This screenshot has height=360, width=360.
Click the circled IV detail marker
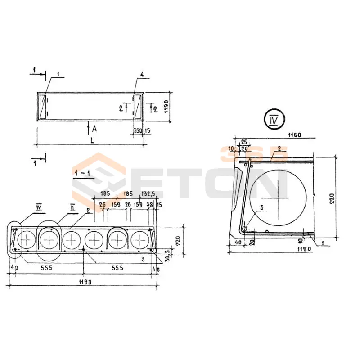click(x=275, y=119)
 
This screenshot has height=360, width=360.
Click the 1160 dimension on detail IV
click(x=295, y=135)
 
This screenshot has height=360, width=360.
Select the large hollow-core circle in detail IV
click(x=278, y=198)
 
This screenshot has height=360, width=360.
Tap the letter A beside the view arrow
click(x=94, y=129)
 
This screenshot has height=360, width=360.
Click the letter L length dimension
click(x=92, y=140)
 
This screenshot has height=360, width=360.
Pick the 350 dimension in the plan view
click(x=138, y=130)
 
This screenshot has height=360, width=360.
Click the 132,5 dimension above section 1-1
click(x=148, y=194)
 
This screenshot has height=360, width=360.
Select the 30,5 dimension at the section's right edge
click(x=167, y=255)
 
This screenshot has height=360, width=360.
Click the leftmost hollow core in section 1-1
click(x=27, y=240)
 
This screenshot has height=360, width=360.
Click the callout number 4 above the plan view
click(x=142, y=75)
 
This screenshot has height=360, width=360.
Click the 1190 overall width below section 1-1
click(x=85, y=282)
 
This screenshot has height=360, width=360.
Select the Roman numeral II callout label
click(x=72, y=208)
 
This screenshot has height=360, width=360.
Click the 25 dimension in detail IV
click(x=244, y=142)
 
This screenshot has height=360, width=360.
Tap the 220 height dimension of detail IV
click(x=332, y=199)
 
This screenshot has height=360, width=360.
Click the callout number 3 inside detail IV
click(x=261, y=207)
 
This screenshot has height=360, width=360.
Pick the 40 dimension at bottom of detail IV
click(x=238, y=242)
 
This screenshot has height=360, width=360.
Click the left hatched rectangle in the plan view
click(x=43, y=107)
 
